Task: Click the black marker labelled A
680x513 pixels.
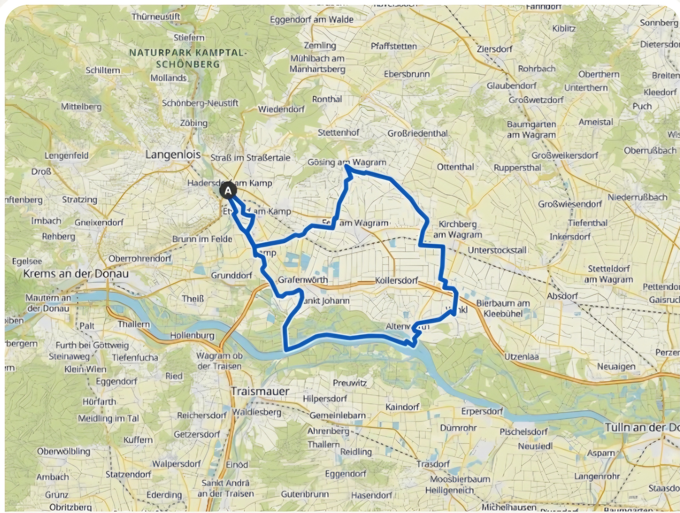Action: tap(228, 191)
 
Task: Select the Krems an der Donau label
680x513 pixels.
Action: tap(76, 274)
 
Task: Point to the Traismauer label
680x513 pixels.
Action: tap(260, 391)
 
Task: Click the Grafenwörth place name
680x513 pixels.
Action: tap(303, 280)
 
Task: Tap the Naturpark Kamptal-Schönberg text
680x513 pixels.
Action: tap(188, 58)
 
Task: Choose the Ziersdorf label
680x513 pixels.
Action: tap(494, 49)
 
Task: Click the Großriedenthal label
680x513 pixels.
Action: tap(417, 133)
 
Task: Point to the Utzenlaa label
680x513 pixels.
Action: tap(522, 357)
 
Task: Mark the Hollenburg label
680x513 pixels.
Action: tap(193, 335)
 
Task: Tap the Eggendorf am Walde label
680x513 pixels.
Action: tap(312, 20)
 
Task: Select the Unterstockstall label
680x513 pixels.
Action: tap(497, 250)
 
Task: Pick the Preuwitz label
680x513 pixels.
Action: tap(350, 383)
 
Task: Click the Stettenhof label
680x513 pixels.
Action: tap(338, 133)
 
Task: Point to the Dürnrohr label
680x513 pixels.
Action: tap(458, 428)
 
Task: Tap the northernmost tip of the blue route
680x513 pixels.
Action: tap(346, 166)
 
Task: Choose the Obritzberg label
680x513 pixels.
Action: tap(70, 507)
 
